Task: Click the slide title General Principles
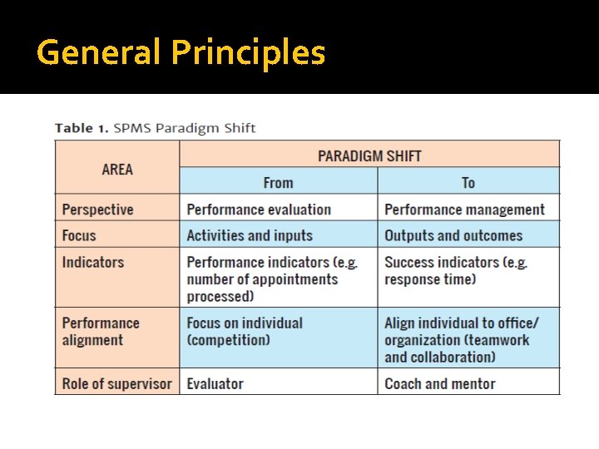(x=181, y=52)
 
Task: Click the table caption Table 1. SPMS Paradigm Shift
(x=155, y=128)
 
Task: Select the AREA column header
(x=117, y=169)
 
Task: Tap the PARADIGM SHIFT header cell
(x=369, y=155)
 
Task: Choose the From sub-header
(x=278, y=183)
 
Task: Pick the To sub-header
(x=468, y=183)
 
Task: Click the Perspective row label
(x=97, y=210)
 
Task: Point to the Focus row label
(x=79, y=235)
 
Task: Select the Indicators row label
(x=92, y=262)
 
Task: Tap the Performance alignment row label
(x=101, y=331)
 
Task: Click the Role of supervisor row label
(x=116, y=383)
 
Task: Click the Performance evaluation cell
(x=259, y=210)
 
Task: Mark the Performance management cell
(x=464, y=210)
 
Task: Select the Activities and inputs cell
(x=250, y=235)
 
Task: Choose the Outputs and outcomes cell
(x=453, y=235)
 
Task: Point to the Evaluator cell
(x=215, y=383)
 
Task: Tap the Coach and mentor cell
(x=440, y=383)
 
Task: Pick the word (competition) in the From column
(x=228, y=340)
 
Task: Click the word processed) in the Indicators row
(x=220, y=297)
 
